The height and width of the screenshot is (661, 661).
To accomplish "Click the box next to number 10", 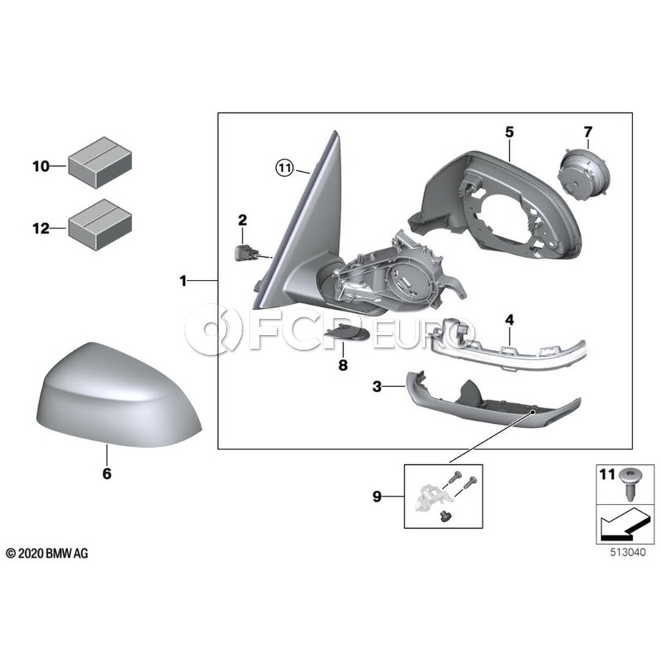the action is pos(100,162).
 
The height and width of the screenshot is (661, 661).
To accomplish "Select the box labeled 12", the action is pos(100,225).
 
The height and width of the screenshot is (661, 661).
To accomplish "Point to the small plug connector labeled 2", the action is pos(243,253).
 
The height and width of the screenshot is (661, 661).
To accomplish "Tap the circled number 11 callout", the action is pos(284,168).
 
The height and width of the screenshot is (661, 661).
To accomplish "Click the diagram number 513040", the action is pos(628,552).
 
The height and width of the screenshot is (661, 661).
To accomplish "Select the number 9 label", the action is pos(377,496).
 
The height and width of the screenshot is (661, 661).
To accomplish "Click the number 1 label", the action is pos(183,281).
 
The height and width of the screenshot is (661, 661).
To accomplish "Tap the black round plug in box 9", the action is pos(444,516).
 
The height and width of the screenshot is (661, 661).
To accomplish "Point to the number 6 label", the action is pos(107,474).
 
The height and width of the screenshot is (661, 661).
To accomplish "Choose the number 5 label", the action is pos(510,132).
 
